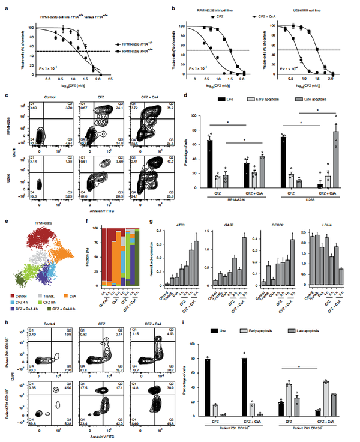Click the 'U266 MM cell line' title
coord(304,11)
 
